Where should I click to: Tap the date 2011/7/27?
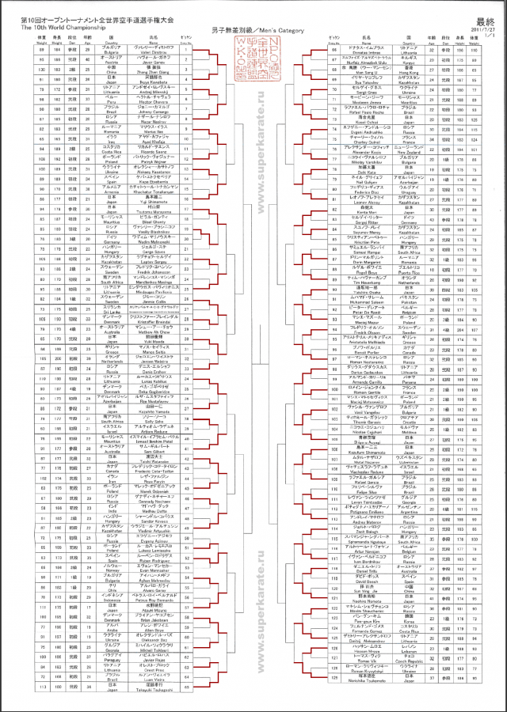coord(485,30)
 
